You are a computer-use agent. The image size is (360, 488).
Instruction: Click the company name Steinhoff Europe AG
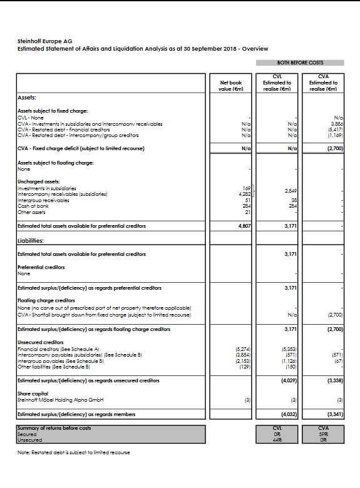tap(45, 41)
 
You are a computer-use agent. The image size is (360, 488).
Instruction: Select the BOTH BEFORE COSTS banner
tap(300, 63)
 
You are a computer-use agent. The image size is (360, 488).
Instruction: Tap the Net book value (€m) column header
tap(231, 86)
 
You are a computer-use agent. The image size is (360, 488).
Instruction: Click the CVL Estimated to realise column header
tap(277, 83)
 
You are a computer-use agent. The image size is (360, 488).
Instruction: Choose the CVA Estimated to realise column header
tap(323, 83)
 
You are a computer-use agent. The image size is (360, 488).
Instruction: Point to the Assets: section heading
tap(26, 98)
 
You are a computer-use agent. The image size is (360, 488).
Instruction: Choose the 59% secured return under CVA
tap(323, 433)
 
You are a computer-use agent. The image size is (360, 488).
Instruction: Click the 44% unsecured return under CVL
tap(277, 438)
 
